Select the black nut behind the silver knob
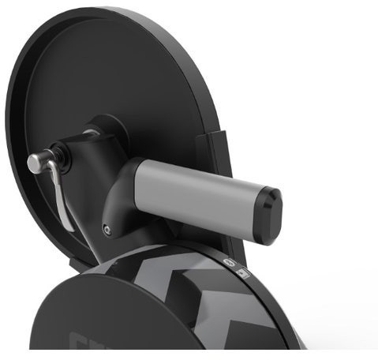click(58, 155)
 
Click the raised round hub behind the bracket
click(110, 130)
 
